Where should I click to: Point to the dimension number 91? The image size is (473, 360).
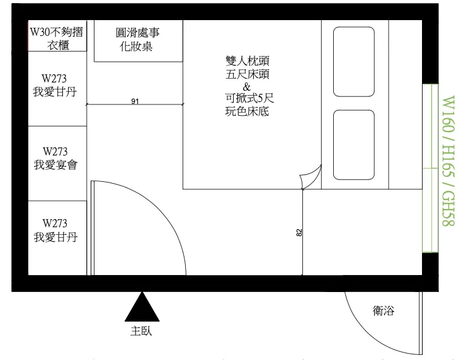point(135,100)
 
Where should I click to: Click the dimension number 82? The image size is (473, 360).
point(299,232)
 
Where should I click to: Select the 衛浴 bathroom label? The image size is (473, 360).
point(384,311)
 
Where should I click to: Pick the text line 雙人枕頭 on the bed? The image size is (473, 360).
point(246,62)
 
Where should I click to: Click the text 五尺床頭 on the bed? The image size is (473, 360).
point(246,74)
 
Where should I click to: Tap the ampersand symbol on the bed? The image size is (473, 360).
point(246,86)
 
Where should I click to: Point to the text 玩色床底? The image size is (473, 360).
point(246,112)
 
